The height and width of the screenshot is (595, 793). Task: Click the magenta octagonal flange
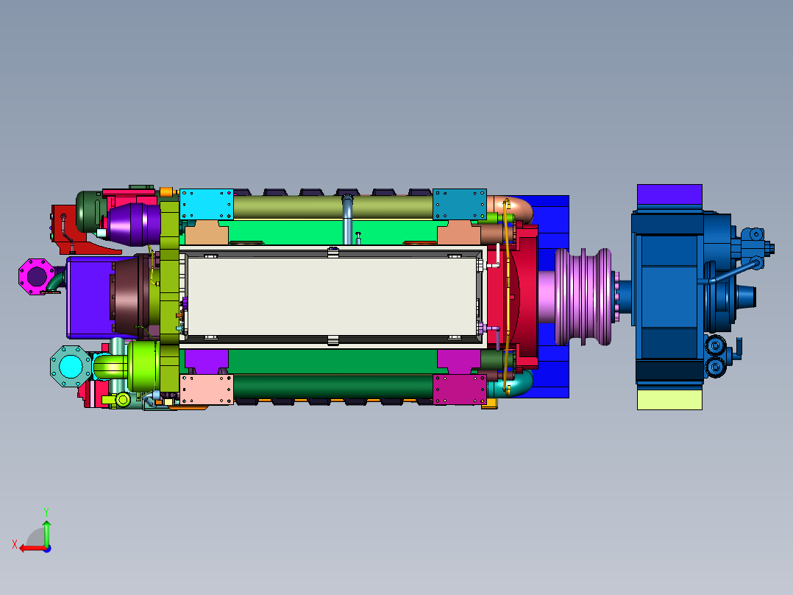click(37, 276)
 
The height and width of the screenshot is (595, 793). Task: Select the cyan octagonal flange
click(71, 366)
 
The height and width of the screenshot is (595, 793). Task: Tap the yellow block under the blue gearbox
click(669, 399)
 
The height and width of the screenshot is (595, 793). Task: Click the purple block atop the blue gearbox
click(669, 197)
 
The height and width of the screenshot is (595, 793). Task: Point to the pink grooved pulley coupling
click(583, 297)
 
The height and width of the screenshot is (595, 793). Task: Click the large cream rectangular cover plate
click(332, 296)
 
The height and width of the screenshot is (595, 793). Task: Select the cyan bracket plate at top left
click(206, 204)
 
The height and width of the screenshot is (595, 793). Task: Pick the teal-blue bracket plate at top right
click(460, 204)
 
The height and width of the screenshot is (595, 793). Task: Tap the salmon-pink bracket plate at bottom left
click(206, 390)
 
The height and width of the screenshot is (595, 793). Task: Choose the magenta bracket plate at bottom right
click(460, 390)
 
